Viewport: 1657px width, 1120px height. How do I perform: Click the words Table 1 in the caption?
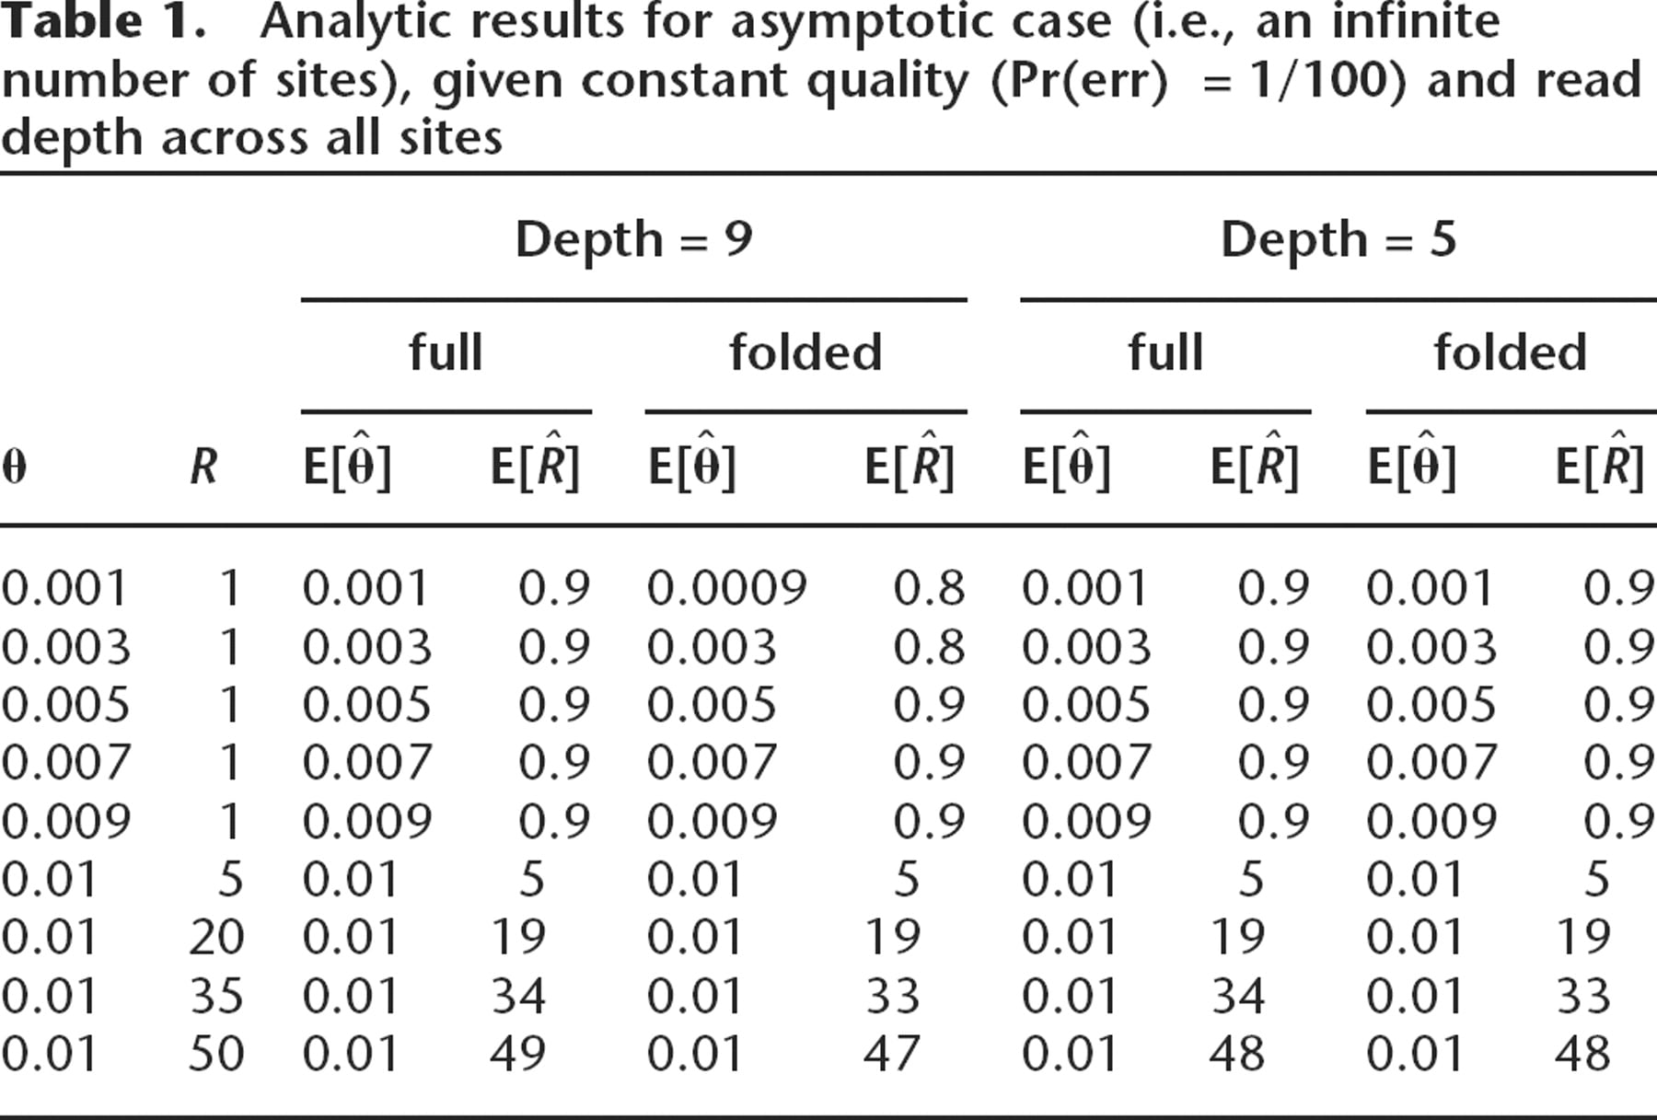point(102,22)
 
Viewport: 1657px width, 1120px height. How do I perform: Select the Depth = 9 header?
point(633,239)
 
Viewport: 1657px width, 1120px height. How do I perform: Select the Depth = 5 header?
point(1338,239)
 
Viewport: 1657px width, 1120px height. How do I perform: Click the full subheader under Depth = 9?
point(446,352)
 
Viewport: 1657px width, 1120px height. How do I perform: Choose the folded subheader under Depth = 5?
point(1510,352)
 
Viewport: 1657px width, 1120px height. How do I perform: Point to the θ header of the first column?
point(14,467)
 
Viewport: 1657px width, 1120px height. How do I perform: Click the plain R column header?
point(203,466)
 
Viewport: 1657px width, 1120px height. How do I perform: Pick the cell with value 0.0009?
point(726,588)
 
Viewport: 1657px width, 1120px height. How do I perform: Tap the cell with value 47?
point(891,1054)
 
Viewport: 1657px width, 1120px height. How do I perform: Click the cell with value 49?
point(517,1054)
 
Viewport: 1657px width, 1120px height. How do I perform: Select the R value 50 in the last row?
point(216,1054)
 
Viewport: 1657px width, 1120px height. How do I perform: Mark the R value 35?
point(216,996)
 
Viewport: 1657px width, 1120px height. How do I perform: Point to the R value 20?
point(216,937)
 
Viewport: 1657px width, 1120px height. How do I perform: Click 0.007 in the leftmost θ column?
point(65,763)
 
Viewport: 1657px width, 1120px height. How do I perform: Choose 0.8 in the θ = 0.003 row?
point(929,646)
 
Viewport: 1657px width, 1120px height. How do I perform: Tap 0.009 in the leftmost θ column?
point(65,821)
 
